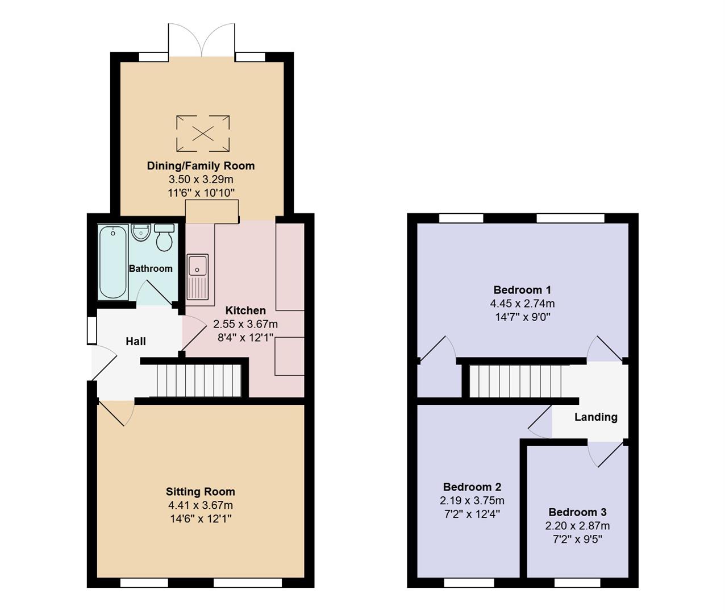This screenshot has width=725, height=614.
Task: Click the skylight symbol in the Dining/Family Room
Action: pos(203,134)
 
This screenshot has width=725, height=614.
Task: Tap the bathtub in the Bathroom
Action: pos(113,262)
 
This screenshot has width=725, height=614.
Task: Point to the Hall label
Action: pos(136,341)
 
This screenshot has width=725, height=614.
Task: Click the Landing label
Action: pos(595,417)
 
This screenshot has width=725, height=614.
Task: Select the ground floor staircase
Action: pos(198,380)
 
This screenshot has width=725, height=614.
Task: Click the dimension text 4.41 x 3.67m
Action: pos(200,505)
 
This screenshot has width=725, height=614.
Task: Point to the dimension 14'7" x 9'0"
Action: pos(523,317)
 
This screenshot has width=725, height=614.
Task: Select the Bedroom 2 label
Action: pos(472,487)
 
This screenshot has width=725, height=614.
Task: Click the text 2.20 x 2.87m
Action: pos(577,526)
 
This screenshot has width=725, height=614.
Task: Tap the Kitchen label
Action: pos(245,310)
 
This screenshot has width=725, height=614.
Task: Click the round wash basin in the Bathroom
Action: pos(140,233)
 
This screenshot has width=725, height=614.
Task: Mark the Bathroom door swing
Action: pos(153,292)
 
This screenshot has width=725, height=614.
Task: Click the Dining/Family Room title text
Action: pos(201,166)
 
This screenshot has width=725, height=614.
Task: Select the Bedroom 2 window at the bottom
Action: pos(468,583)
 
